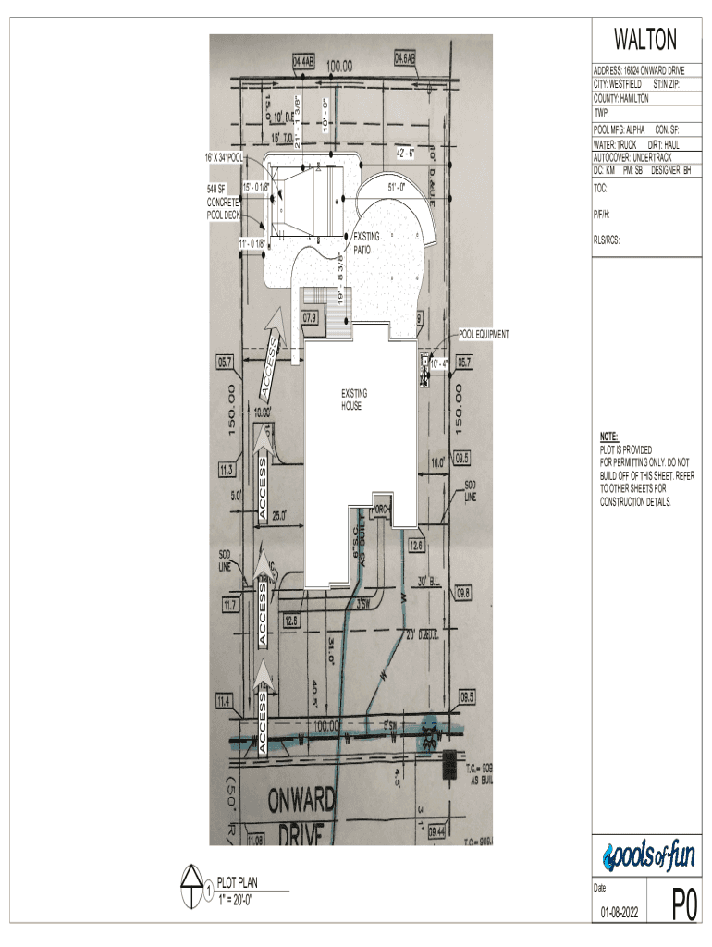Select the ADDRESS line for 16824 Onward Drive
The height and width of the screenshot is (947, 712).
[640, 70]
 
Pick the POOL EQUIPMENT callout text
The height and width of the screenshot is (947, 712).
[483, 334]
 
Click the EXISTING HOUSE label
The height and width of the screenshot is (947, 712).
[353, 400]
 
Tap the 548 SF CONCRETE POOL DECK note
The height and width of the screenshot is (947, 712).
[223, 202]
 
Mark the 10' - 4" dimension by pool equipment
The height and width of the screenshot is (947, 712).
[439, 363]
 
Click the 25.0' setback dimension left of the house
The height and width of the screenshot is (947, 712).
[278, 514]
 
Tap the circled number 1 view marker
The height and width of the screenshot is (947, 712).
[210, 892]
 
